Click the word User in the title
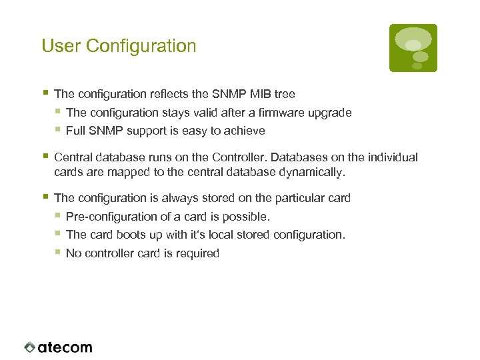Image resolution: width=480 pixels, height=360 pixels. pos(61,46)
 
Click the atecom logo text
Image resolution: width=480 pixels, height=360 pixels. pos(65,347)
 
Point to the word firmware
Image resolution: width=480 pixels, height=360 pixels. pos(279,113)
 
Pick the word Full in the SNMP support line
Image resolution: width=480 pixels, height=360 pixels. pos(75,131)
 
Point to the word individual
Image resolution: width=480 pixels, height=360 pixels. pos(393,157)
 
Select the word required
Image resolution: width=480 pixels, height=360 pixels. pos(198,253)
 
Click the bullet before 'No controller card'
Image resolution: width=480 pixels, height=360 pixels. pos(58,253)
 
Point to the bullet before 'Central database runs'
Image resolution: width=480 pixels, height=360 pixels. pos(45,157)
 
